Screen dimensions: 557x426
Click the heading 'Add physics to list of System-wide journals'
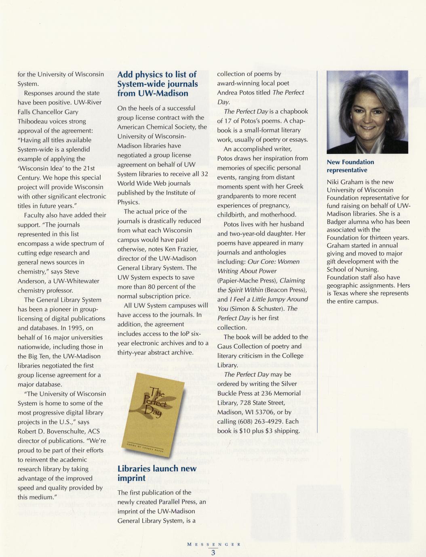(157, 84)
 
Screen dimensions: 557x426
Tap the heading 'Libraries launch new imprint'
(157, 473)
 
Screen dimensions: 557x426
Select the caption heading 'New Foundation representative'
(350, 166)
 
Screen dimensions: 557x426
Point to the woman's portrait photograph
(367, 112)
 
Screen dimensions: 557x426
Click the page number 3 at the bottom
(213, 553)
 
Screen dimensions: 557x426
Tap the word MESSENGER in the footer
(214, 544)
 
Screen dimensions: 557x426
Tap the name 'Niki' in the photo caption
(334, 182)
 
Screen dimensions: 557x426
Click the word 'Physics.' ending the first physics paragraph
(129, 202)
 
